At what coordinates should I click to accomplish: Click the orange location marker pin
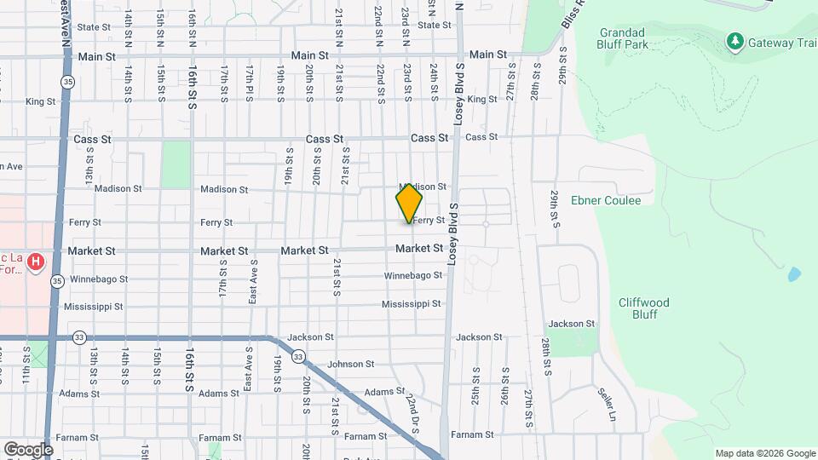(x=409, y=204)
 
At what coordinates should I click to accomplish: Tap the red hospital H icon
(x=36, y=262)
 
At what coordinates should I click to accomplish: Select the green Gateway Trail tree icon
(x=734, y=41)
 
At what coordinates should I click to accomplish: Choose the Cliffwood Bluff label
(x=643, y=308)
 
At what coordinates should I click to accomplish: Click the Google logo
(x=28, y=449)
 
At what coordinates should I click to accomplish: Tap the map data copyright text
(x=764, y=452)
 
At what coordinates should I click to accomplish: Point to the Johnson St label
(x=351, y=364)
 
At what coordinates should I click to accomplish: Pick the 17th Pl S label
(x=249, y=82)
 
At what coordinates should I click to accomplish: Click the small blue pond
(x=794, y=274)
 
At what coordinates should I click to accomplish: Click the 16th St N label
(x=193, y=29)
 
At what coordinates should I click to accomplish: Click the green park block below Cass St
(x=176, y=164)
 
